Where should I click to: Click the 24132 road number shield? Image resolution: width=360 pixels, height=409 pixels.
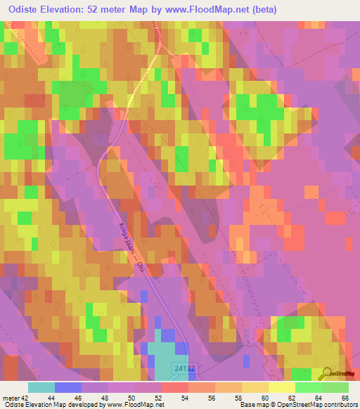pos(182,368)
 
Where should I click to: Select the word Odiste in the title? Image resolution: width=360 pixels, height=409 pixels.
pos(22,10)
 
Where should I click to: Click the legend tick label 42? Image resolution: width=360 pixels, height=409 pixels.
pos(26,398)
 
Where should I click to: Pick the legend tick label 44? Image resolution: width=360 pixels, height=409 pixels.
pos(56,398)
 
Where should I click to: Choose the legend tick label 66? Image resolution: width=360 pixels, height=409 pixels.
pos(344,398)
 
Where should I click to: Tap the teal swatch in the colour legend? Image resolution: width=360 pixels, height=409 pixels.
pos(41,387)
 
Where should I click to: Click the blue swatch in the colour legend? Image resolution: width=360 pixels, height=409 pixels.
pos(68,387)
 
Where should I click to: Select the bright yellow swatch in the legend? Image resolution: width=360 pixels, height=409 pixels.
pos(282,387)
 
